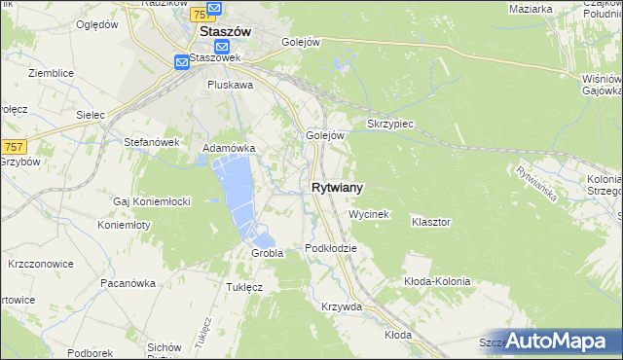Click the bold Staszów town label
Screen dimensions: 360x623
click(225, 31)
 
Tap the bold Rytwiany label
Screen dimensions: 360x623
click(339, 188)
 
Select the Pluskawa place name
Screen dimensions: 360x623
click(230, 85)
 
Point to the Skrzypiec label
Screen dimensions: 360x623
click(390, 125)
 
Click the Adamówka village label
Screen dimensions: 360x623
click(229, 148)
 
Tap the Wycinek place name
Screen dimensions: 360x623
click(369, 213)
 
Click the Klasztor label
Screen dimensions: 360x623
click(430, 222)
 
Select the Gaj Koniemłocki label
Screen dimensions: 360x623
click(152, 201)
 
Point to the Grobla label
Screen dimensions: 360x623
click(267, 253)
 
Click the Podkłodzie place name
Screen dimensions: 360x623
click(331, 248)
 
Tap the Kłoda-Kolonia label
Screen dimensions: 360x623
click(437, 281)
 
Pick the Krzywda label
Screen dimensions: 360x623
click(342, 306)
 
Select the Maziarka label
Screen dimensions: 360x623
click(531, 9)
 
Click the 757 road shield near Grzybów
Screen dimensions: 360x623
click(13, 146)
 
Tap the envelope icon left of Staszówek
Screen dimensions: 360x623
click(182, 62)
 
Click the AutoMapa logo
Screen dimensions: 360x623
click(559, 341)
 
